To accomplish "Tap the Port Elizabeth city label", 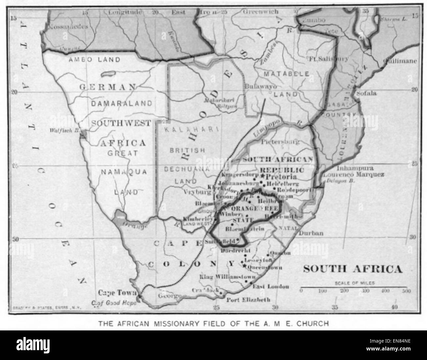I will coord(248,300).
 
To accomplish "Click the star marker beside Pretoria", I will coord(263,177).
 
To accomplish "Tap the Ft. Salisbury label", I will coord(329,59).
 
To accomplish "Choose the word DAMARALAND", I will coord(122,103).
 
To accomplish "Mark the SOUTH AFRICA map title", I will coord(352,269).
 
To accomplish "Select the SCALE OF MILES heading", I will coord(354,282).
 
